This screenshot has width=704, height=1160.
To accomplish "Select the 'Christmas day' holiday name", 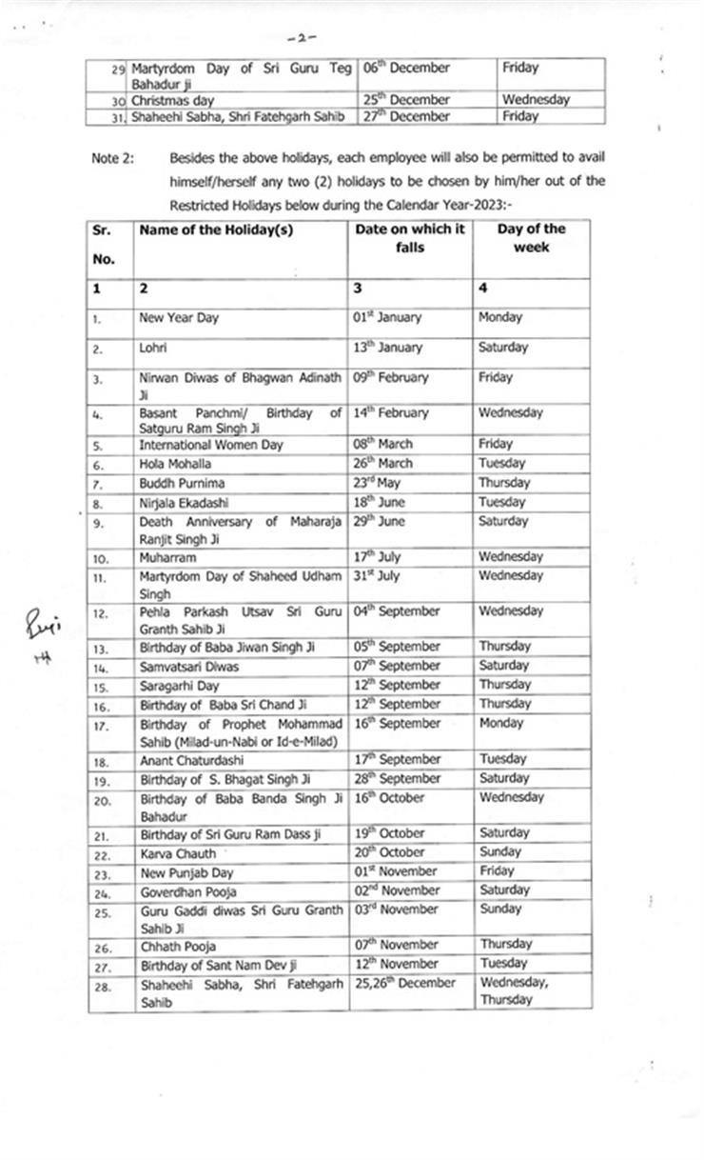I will [x=172, y=100].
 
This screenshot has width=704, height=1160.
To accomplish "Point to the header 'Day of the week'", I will [x=531, y=237].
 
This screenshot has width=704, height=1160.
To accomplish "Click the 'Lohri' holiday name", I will [x=153, y=348].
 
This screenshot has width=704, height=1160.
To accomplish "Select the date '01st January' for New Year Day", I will [x=387, y=317].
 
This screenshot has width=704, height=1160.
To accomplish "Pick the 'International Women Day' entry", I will [x=211, y=445].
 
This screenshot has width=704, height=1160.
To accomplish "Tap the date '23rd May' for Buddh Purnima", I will [x=378, y=482].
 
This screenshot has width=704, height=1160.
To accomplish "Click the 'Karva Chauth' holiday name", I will [x=178, y=853].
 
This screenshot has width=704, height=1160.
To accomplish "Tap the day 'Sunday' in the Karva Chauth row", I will [x=501, y=852].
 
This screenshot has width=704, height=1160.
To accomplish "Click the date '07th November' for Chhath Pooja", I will [x=396, y=945].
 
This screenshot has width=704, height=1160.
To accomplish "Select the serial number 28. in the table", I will [x=103, y=986].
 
